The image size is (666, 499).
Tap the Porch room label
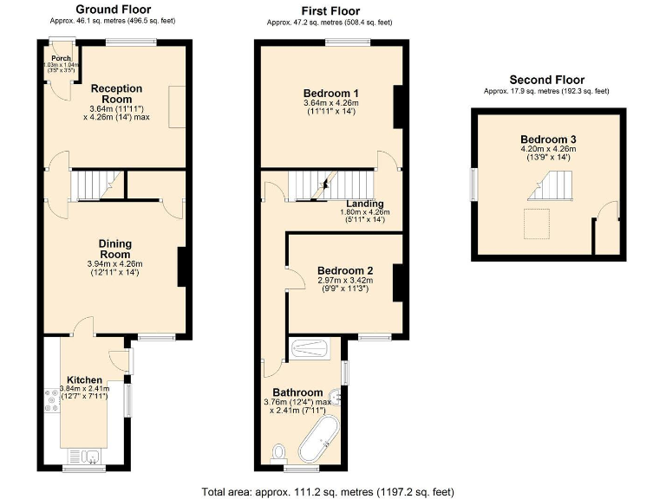[61, 59]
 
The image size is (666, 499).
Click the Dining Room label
[115, 250]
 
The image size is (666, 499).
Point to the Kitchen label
[85, 379]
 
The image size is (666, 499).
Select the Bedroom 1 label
[330, 94]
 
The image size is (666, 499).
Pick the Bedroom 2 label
[343, 269]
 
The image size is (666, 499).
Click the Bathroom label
[298, 392]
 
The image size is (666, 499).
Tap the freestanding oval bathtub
[317, 439]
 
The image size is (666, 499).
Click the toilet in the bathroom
[279, 453]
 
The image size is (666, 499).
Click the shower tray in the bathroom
[309, 349]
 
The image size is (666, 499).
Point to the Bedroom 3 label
[548, 139]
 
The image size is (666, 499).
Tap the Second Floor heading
[546, 80]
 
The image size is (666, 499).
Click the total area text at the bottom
[328, 491]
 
